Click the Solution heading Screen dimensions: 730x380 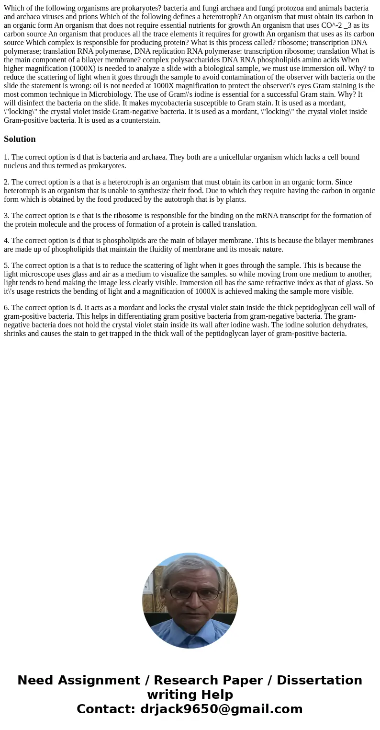pyautogui.click(x=20, y=139)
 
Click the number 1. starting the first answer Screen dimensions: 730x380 pyautogui.click(x=6, y=157)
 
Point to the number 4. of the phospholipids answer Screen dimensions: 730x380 pyautogui.click(x=6, y=241)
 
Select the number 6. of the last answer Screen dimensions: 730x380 pyautogui.click(x=6, y=308)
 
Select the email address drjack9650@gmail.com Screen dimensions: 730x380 pyautogui.click(x=221, y=709)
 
